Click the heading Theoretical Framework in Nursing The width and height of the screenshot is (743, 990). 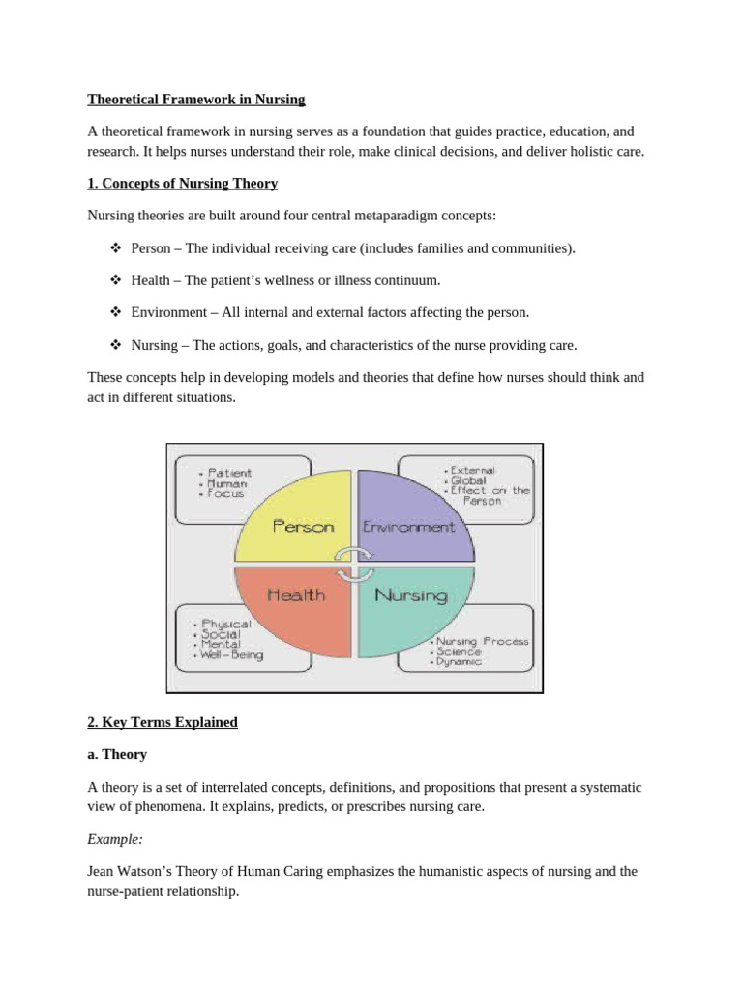pos(196,99)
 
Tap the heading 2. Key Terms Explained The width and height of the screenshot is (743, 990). pos(163,722)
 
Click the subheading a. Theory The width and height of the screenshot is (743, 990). pos(117,754)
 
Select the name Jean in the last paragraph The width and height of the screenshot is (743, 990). pos(102,871)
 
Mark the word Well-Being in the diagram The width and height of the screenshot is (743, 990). pos(233,655)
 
